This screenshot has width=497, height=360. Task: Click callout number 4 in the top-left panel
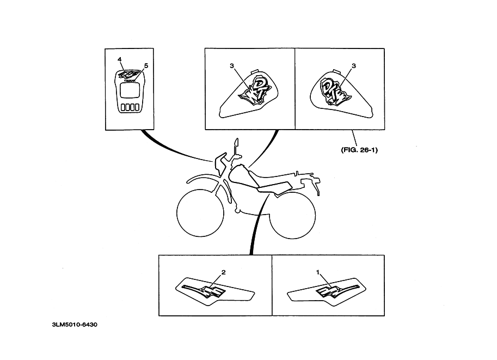point(119,58)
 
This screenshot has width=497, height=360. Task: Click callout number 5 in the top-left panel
point(146,65)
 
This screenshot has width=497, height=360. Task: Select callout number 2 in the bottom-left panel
point(223,271)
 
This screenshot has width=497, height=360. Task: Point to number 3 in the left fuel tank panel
point(232,65)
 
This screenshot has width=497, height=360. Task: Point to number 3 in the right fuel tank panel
point(354,65)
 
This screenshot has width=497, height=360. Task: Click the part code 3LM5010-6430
point(75,325)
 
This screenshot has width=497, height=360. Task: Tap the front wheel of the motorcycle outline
point(200,212)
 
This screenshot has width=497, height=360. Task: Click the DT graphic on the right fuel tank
point(333,91)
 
